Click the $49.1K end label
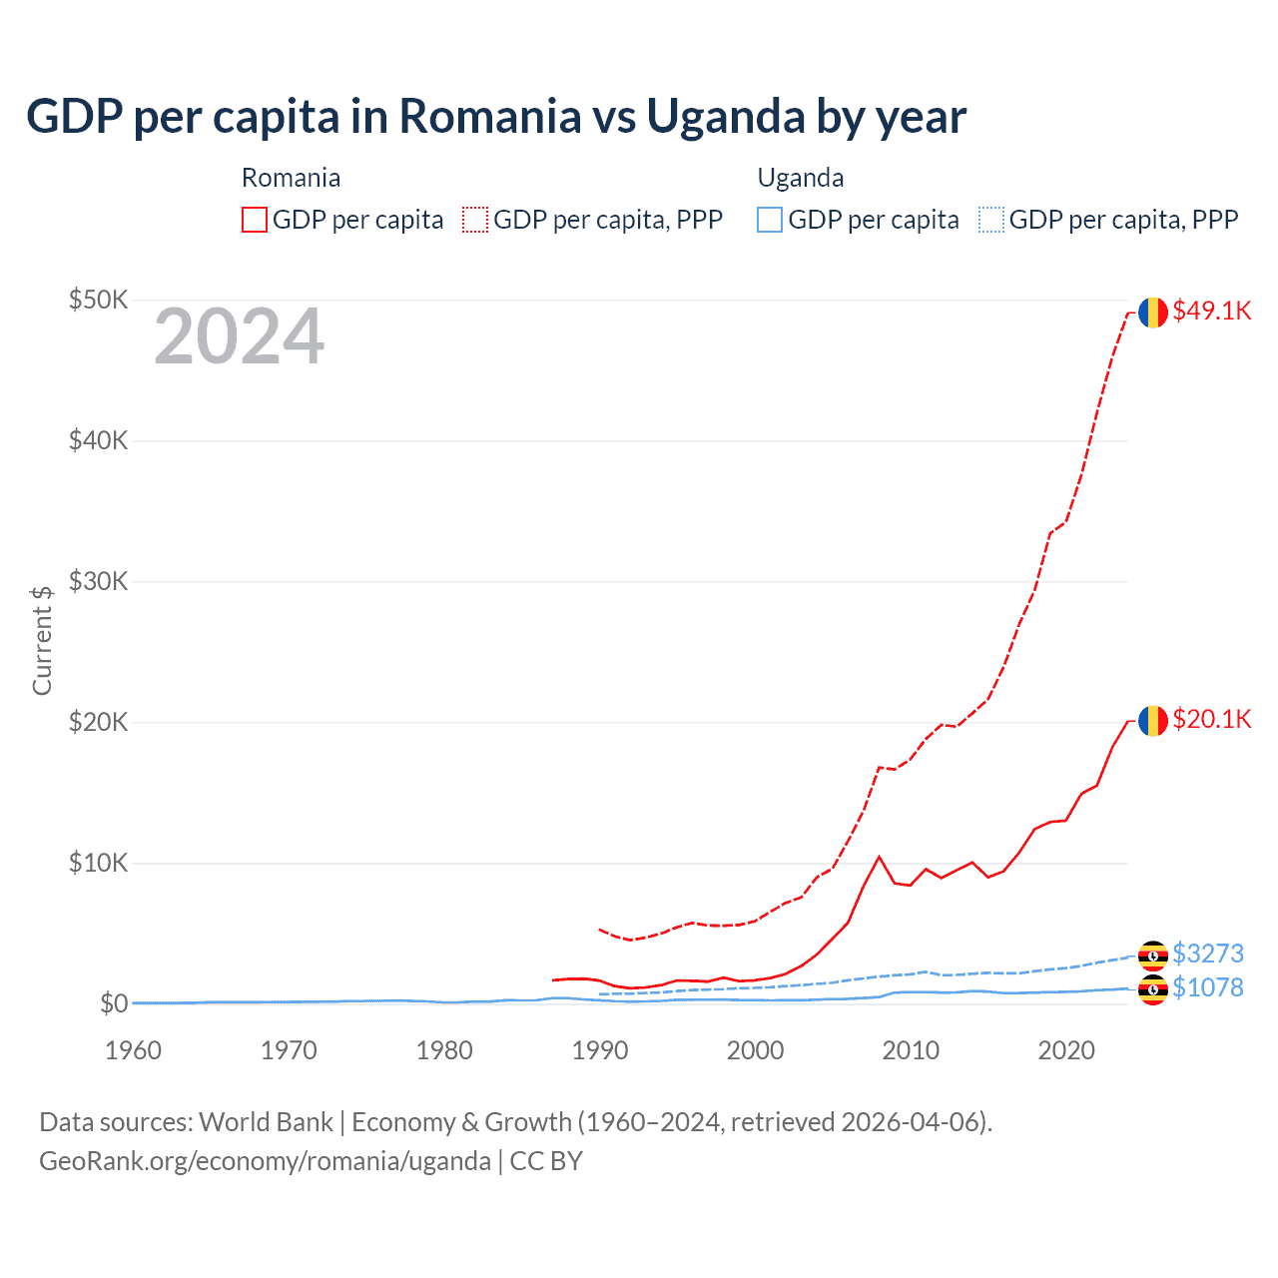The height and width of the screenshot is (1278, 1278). tap(1211, 311)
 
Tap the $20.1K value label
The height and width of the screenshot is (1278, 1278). tap(1211, 719)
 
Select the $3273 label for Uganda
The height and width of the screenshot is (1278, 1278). tap(1207, 954)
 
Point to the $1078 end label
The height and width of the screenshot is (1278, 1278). tap(1207, 987)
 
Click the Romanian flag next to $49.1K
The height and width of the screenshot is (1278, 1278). tap(1153, 313)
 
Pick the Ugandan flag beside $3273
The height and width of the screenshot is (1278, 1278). tap(1153, 956)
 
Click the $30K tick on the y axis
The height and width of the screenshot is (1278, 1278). tap(98, 581)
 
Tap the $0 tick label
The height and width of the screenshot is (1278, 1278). tap(114, 1003)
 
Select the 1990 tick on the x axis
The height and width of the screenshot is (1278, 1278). tap(600, 1050)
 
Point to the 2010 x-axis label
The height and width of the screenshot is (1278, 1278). tap(911, 1050)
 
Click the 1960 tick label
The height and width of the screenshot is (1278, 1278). tap(133, 1050)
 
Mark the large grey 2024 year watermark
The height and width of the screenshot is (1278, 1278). tap(239, 336)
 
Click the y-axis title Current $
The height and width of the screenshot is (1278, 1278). tap(42, 640)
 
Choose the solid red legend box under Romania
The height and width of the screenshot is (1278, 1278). tap(255, 220)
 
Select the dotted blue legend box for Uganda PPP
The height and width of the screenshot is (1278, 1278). tap(991, 220)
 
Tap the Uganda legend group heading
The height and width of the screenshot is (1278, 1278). tap(801, 178)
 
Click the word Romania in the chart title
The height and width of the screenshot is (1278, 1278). tap(490, 116)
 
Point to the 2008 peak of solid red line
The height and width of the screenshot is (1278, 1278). tap(879, 857)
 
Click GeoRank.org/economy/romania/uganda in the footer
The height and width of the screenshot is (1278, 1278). tap(265, 1161)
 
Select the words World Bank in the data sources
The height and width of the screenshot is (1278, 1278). tap(266, 1122)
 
